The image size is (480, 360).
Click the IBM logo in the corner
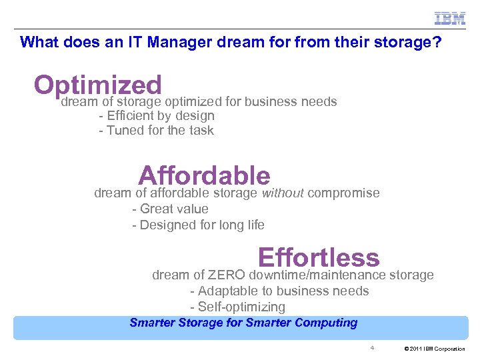coord(450,19)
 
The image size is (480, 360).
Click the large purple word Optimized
coord(98,85)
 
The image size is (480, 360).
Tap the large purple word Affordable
coord(204,176)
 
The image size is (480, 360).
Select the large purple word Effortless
coord(318,257)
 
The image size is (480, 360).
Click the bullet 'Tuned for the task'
coord(156,131)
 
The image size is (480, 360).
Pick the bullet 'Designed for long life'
coord(198,225)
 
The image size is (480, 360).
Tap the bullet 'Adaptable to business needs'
coord(279,291)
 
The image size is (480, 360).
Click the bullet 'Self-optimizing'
coord(237,307)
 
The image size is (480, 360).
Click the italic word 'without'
coord(283,193)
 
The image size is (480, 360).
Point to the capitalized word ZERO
coord(226,275)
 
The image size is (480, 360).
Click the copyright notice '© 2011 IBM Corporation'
coord(435,349)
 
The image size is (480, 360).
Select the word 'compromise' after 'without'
coord(344,193)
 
